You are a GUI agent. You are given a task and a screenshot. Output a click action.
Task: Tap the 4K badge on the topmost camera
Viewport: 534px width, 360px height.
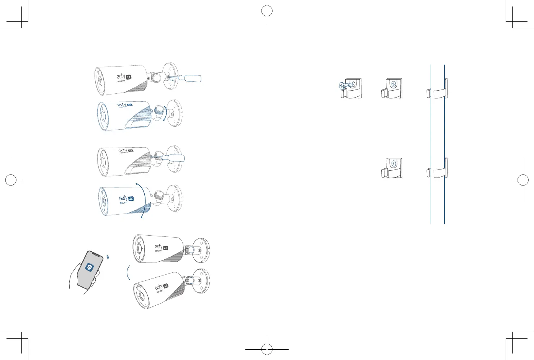click(129, 77)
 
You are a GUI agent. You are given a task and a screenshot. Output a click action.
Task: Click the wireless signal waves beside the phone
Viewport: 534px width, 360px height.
click(108, 257)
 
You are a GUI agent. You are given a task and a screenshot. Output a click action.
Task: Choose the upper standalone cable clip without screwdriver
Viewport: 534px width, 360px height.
click(392, 88)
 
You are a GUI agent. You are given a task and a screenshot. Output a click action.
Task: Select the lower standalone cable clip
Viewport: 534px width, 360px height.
click(392, 168)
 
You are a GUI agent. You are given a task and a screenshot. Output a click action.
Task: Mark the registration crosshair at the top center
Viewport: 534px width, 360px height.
click(267, 11)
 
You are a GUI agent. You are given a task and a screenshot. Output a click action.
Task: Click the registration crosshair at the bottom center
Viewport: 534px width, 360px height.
click(267, 349)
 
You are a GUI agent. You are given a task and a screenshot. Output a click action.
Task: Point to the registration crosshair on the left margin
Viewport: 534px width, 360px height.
click(11, 180)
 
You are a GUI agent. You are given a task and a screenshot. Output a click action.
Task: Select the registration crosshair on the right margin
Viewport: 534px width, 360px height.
click(523, 180)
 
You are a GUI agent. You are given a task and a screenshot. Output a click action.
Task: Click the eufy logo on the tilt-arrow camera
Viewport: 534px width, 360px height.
click(123, 198)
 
